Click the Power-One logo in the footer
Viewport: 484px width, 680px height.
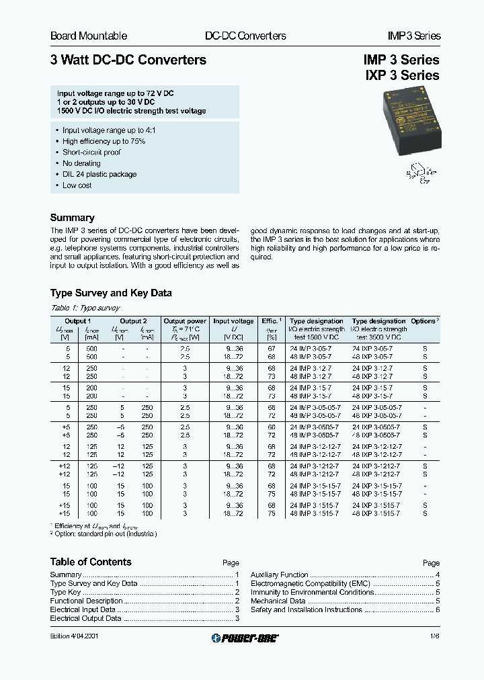tap(245, 638)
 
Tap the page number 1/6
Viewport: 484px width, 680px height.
tap(434, 637)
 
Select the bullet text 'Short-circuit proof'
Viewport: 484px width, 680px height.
tap(91, 153)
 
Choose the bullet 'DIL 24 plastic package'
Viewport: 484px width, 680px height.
tap(99, 174)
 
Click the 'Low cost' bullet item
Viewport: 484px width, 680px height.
tap(77, 185)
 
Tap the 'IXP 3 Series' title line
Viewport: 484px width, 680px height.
tap(402, 76)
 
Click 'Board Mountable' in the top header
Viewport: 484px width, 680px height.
tap(89, 36)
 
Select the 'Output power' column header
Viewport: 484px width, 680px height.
tap(185, 321)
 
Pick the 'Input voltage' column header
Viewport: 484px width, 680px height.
tap(233, 321)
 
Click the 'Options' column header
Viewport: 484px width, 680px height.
tap(424, 321)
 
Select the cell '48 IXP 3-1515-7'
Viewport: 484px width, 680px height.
tap(376, 513)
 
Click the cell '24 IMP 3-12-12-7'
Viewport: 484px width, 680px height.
tap(315, 446)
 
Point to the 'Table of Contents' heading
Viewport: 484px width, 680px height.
tap(91, 562)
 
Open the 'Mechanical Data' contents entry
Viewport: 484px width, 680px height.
tap(278, 601)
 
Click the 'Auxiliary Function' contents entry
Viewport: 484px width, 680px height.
tap(280, 575)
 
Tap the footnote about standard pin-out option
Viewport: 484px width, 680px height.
tap(104, 533)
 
